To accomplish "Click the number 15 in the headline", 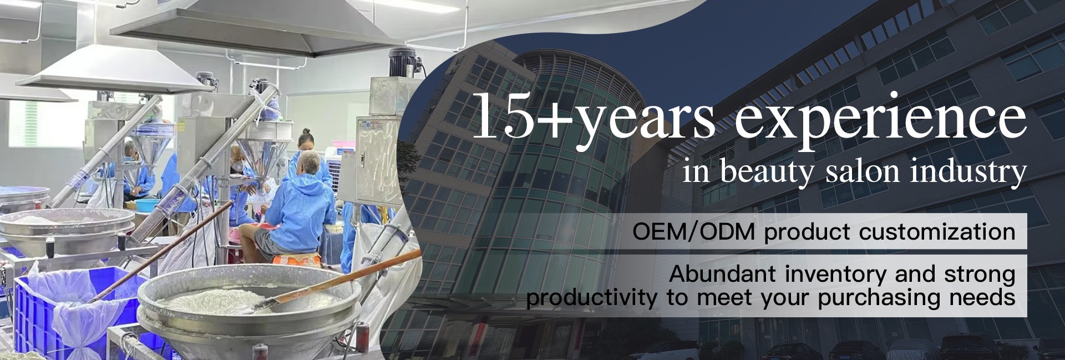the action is [501, 116].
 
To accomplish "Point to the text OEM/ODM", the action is [694, 232].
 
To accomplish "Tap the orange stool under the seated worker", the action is [296, 258].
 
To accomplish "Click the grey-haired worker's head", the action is [310, 162].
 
